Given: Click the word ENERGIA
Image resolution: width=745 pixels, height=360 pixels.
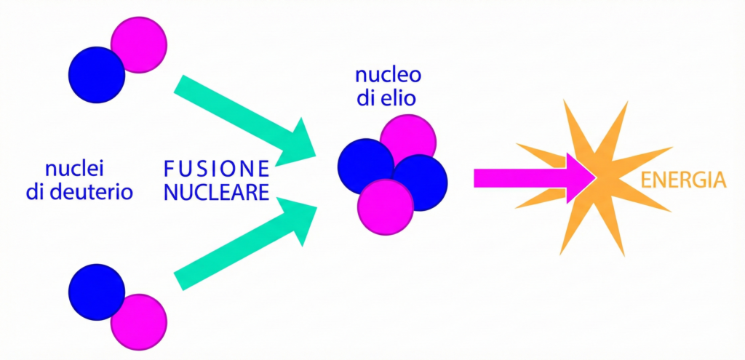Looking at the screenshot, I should pyautogui.click(x=684, y=179).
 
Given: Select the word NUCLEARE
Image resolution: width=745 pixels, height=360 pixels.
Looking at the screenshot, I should pyautogui.click(x=217, y=193).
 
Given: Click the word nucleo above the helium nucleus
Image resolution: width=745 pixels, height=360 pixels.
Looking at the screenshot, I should pyautogui.click(x=388, y=76).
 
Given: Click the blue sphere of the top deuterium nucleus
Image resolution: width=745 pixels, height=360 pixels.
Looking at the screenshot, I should pyautogui.click(x=96, y=76).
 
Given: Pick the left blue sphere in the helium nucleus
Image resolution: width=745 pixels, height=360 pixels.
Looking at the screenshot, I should pyautogui.click(x=364, y=167).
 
